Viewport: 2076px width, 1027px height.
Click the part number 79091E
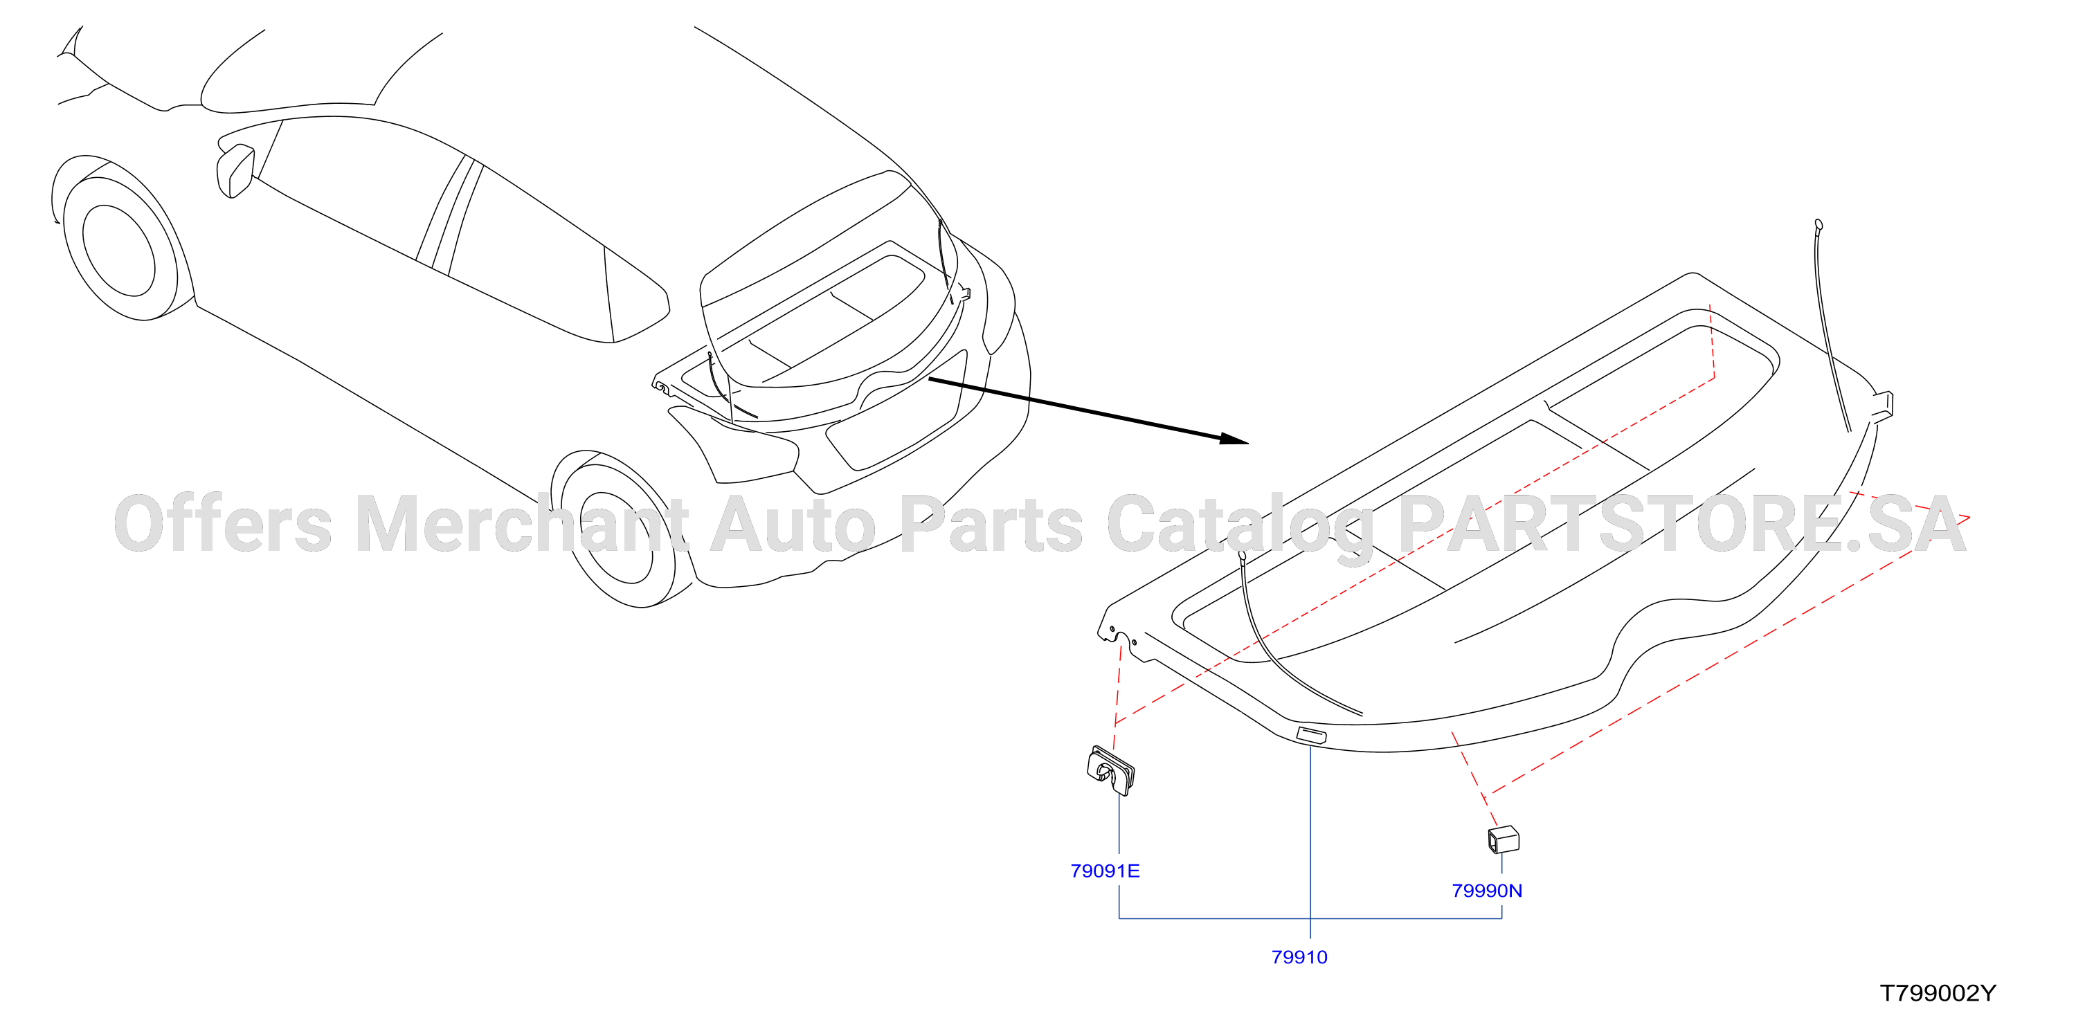click(1105, 871)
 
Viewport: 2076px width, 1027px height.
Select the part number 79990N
click(1487, 891)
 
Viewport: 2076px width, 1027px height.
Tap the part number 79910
click(1299, 957)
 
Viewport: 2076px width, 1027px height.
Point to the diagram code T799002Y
click(1938, 993)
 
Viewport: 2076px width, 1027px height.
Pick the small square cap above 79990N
click(1503, 840)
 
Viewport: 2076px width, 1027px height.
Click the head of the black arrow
click(1234, 439)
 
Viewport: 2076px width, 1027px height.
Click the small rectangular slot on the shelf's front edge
click(1310, 734)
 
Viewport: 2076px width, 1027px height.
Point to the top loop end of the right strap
click(1819, 225)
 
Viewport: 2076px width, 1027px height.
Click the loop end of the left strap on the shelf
click(1242, 554)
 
